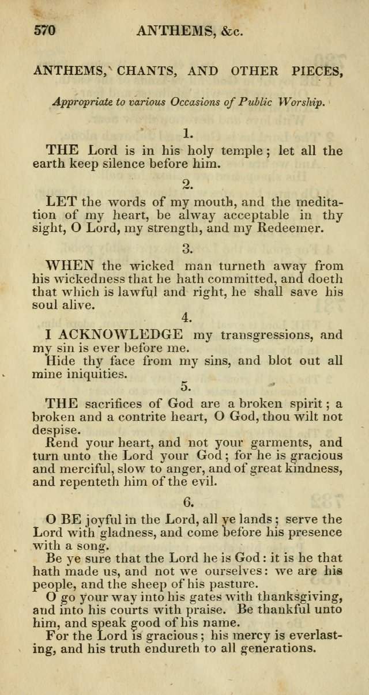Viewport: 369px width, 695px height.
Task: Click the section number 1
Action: pyautogui.click(x=187, y=134)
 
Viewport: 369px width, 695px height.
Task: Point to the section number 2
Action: pyautogui.click(x=187, y=184)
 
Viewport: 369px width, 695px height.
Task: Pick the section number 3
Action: pyautogui.click(x=187, y=249)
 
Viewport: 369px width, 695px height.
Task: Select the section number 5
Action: pyautogui.click(x=186, y=386)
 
